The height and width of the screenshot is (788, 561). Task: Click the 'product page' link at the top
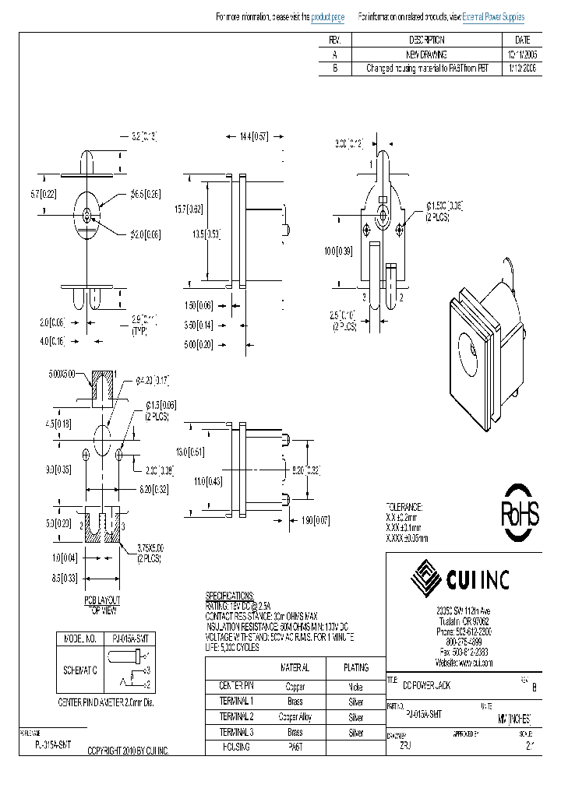[x=327, y=17]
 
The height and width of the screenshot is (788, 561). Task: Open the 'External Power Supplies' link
[x=493, y=17]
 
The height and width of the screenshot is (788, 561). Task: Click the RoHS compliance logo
[x=519, y=514]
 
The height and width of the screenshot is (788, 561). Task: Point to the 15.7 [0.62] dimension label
[x=189, y=209]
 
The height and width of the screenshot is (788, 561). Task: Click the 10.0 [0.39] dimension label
[x=337, y=251]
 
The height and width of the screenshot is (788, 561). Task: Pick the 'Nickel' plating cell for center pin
[x=355, y=687]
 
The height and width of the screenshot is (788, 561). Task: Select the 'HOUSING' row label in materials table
[x=235, y=748]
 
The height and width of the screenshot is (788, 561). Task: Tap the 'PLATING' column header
[x=355, y=667]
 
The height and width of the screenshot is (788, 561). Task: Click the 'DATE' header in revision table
[x=522, y=40]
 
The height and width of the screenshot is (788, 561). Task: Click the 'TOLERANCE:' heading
[x=404, y=506]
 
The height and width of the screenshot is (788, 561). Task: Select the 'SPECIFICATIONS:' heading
[x=230, y=595]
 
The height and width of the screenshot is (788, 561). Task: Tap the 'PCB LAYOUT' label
[x=102, y=602]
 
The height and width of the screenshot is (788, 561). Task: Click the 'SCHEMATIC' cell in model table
[x=79, y=670]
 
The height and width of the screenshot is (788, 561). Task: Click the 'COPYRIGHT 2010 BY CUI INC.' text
[x=128, y=750]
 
